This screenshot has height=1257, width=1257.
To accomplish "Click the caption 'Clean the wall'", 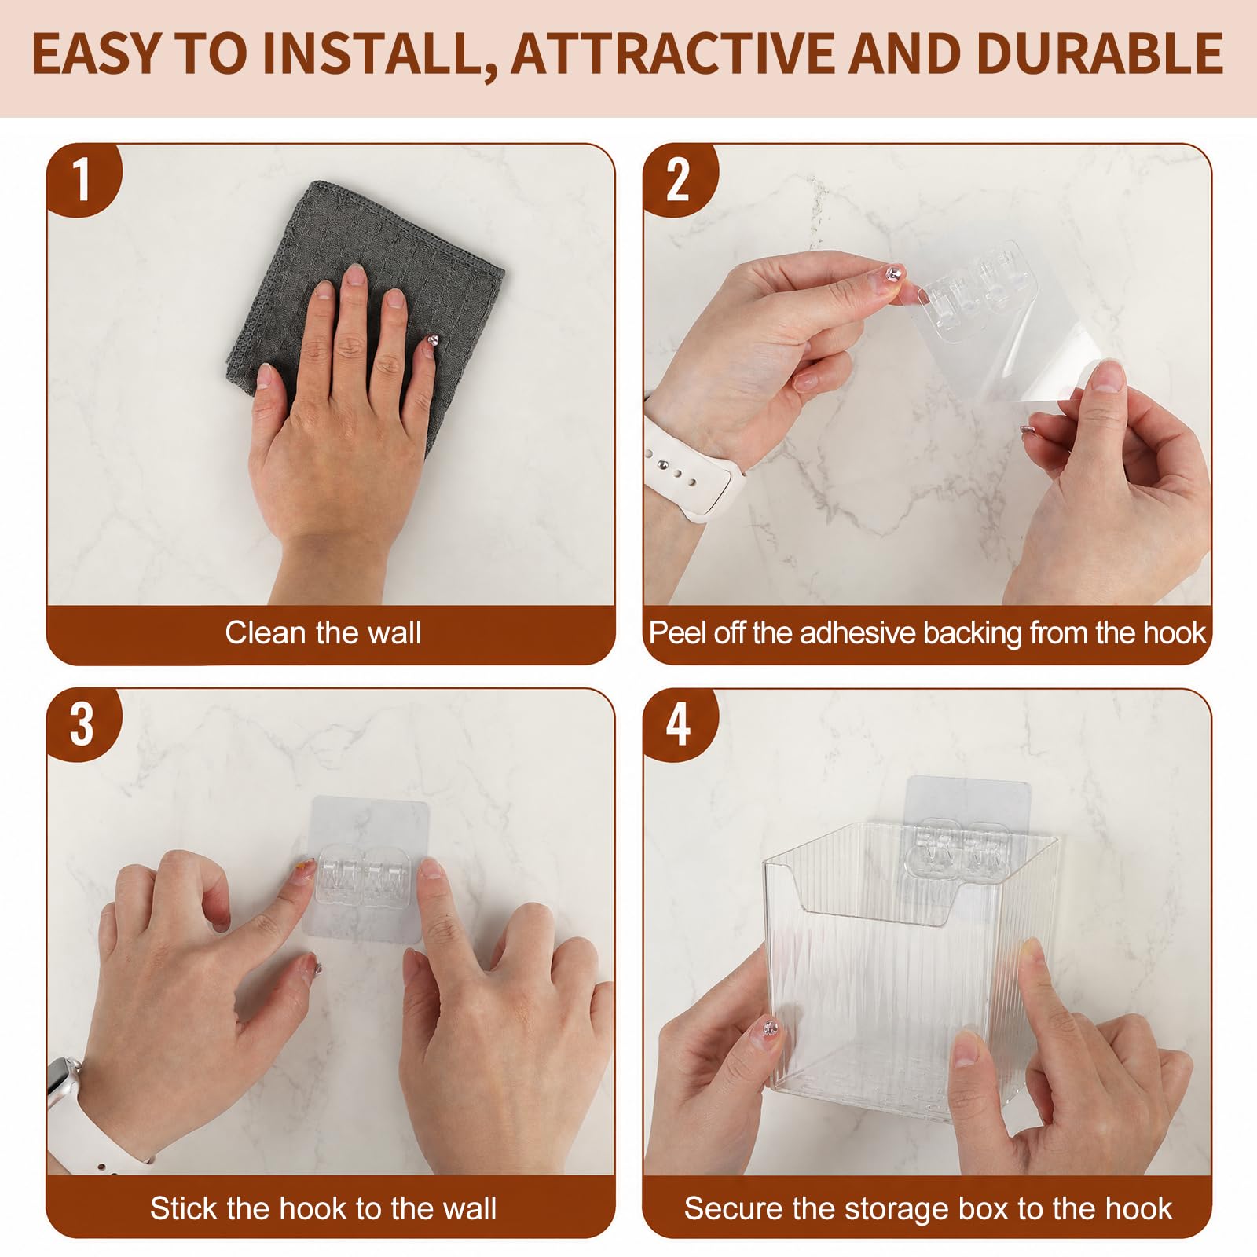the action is pyautogui.click(x=323, y=632).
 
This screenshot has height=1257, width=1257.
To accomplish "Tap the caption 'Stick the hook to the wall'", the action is pyautogui.click(x=323, y=1208).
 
